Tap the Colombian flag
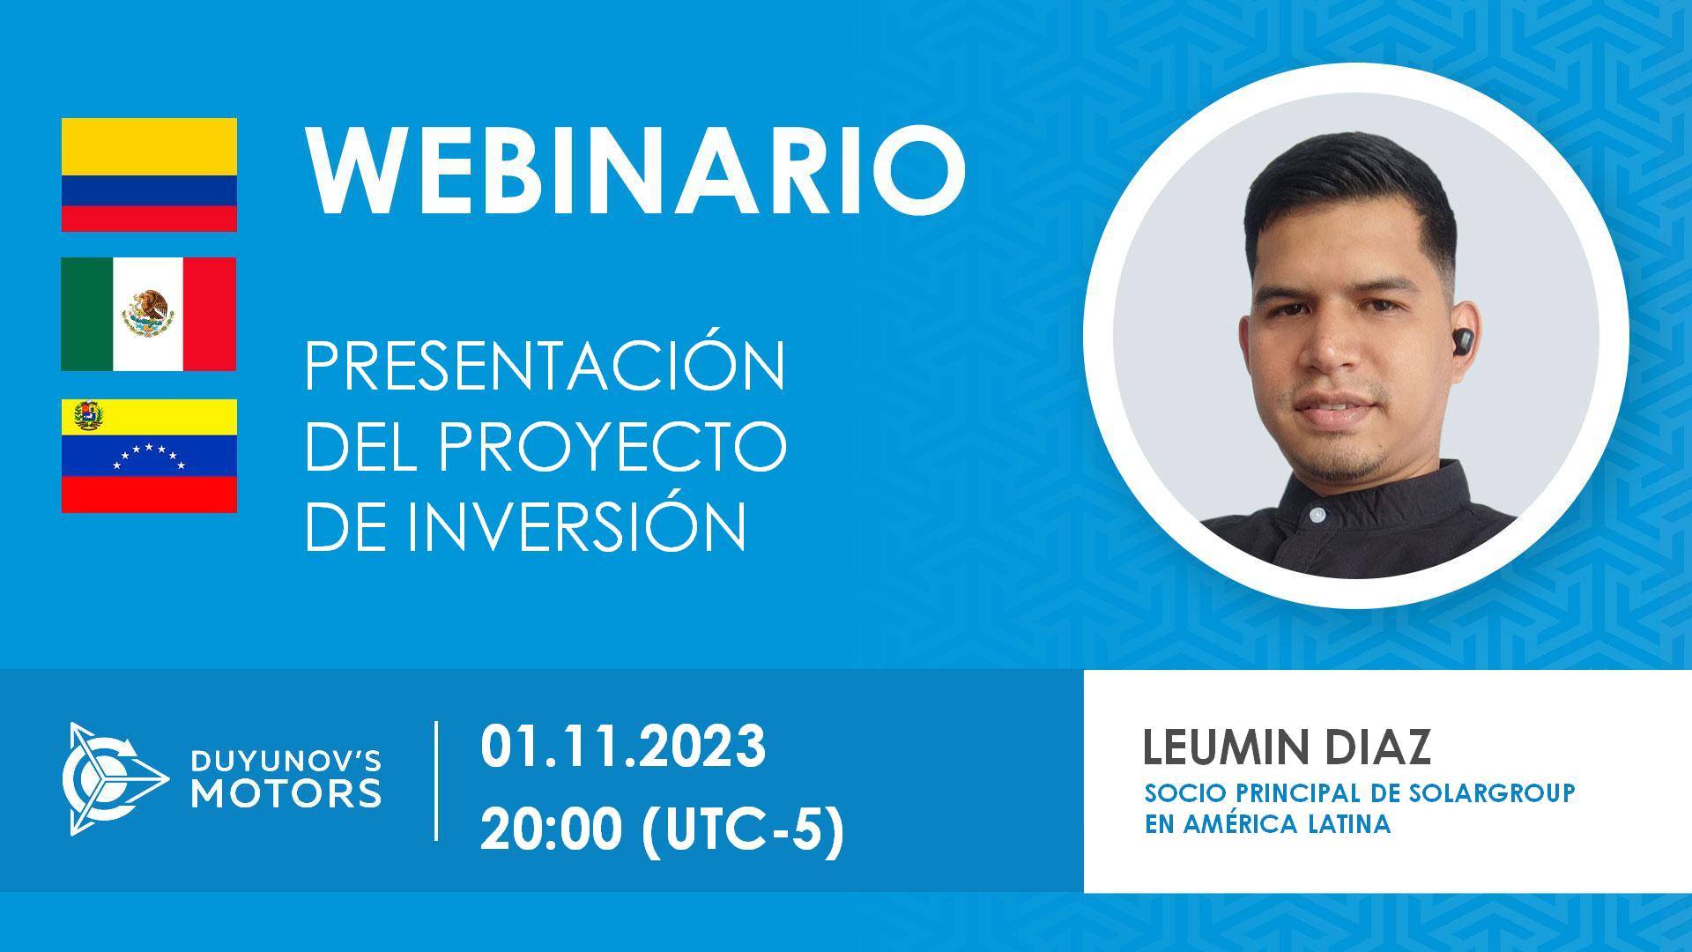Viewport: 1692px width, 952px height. coord(149,175)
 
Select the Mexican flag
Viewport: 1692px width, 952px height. coord(149,314)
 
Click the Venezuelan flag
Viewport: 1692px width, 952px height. coord(149,455)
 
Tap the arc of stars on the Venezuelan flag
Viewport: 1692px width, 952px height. coord(149,456)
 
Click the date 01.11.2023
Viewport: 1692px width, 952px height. coord(623,747)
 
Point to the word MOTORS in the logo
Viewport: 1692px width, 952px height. coord(287,792)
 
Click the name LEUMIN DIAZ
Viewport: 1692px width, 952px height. coord(1287,747)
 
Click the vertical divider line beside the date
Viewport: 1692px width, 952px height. coord(438,780)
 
